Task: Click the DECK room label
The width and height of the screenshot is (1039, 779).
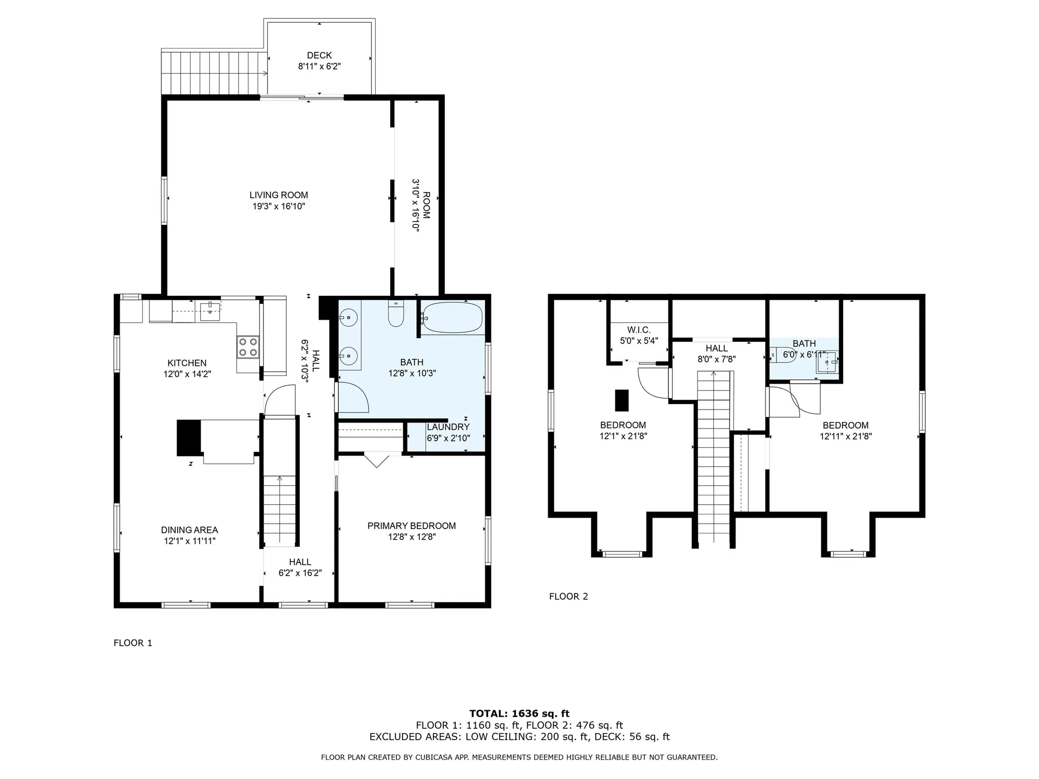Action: [319, 55]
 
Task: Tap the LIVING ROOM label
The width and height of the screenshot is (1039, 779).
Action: [279, 195]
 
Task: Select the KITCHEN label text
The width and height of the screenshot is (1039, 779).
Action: [187, 363]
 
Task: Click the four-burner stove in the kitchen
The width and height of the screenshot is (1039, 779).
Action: [248, 346]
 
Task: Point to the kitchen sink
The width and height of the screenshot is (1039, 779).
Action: [211, 309]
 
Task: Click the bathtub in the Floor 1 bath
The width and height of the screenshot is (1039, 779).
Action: [452, 317]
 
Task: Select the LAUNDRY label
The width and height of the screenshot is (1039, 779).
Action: [448, 427]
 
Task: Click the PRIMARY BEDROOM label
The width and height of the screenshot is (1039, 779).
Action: [411, 526]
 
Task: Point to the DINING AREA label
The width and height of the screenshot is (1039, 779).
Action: [189, 530]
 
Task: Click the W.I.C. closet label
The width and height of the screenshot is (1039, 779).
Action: [639, 330]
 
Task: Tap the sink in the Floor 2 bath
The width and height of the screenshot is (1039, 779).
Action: [827, 362]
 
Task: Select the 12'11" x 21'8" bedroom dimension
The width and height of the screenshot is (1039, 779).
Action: [846, 437]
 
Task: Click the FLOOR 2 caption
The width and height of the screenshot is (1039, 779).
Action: [568, 597]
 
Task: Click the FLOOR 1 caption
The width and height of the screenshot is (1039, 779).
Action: [133, 643]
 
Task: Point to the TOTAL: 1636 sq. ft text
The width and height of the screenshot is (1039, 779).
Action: [519, 714]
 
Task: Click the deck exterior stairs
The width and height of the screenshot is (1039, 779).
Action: [214, 72]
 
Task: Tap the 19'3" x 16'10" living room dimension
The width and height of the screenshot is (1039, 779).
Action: [279, 206]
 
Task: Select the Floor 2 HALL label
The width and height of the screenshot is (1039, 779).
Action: [716, 348]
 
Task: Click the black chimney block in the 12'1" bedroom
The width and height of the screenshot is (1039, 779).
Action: [622, 400]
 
